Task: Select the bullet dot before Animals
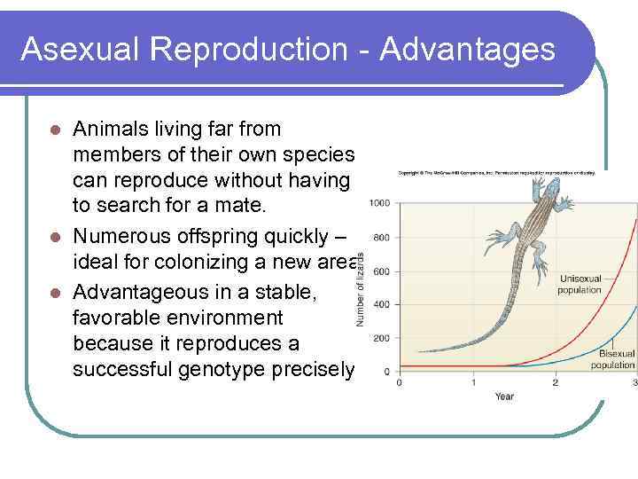click(54, 130)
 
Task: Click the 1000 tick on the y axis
click(379, 204)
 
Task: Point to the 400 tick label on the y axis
click(382, 304)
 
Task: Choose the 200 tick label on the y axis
click(382, 338)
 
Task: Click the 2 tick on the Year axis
click(556, 382)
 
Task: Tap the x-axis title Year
click(504, 396)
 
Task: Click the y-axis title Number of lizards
click(361, 288)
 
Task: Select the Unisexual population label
click(580, 284)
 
